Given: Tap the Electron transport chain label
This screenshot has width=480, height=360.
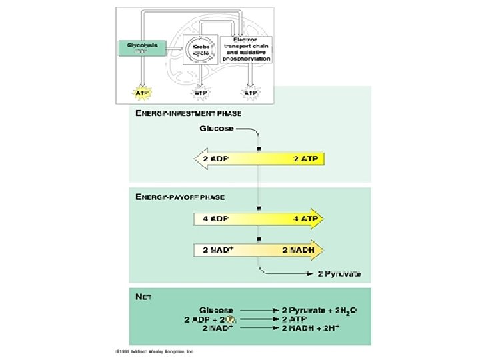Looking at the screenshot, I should (251, 49).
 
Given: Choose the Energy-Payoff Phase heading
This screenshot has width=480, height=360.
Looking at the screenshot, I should (180, 197).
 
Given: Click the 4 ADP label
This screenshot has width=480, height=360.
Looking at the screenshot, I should (213, 218).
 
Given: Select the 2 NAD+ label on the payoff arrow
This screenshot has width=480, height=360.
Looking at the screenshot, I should (217, 250).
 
